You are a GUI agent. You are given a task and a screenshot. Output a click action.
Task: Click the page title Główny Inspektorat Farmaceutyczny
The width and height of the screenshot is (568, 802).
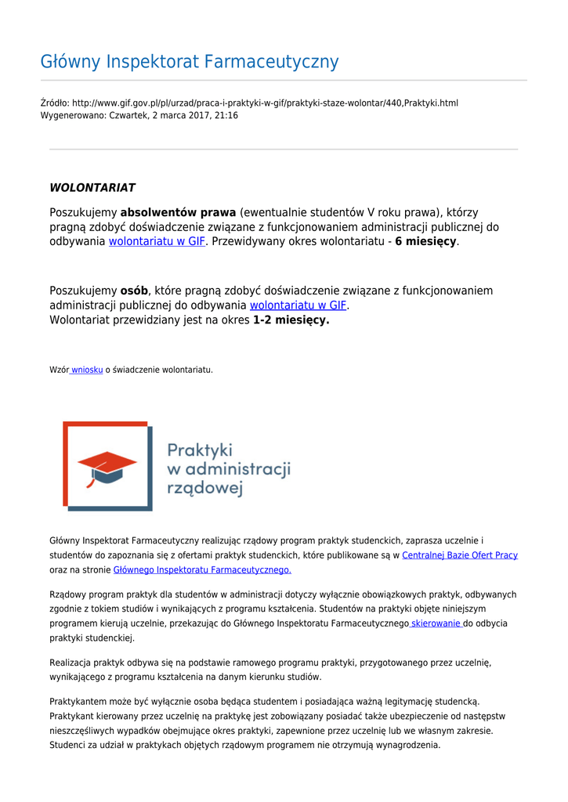(190, 62)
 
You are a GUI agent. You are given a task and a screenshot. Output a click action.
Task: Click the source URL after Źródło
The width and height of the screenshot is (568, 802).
(265, 103)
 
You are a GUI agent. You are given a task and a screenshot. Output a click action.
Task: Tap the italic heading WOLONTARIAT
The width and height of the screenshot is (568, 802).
(92, 188)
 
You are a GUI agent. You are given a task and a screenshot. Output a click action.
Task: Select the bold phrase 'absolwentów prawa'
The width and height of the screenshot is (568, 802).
(178, 212)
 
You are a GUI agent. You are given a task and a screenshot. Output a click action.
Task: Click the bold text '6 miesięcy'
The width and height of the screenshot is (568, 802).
(425, 242)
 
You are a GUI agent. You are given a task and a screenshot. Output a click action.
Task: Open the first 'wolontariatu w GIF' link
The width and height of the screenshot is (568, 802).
(157, 242)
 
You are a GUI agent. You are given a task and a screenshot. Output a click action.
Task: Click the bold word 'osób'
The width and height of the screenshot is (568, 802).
(134, 291)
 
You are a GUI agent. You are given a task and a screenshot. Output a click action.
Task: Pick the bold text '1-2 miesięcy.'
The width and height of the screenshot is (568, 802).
(291, 320)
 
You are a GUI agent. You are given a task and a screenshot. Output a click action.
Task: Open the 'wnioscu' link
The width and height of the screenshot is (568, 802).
(86, 370)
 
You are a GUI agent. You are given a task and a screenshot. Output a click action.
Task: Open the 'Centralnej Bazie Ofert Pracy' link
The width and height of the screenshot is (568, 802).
(460, 555)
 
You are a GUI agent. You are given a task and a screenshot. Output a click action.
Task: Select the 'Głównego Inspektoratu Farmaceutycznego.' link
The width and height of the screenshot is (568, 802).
(203, 570)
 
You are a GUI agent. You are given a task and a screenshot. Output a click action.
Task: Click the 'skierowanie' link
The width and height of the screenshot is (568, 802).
(436, 623)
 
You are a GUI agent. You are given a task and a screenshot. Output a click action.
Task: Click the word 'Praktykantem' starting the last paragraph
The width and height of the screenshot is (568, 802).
(76, 701)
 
